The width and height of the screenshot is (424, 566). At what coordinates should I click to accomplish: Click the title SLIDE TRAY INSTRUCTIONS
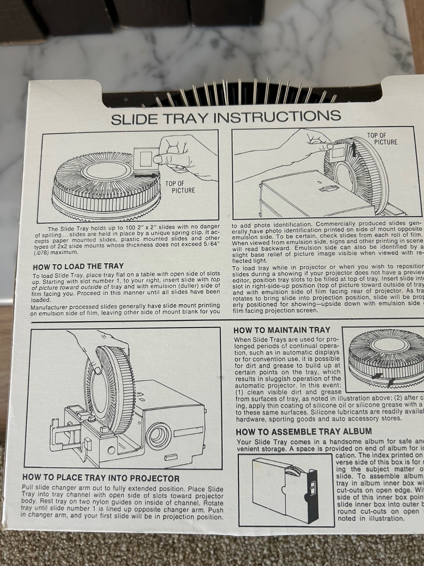pyautogui.click(x=226, y=117)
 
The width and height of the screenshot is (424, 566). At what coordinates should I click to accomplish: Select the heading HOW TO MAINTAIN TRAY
pyautogui.click(x=282, y=330)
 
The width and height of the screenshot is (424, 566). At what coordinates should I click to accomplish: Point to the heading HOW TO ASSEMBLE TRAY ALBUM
pyautogui.click(x=304, y=431)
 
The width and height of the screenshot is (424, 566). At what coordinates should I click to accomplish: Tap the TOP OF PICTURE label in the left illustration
pyautogui.click(x=180, y=187)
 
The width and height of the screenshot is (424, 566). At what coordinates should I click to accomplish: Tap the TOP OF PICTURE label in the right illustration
pyautogui.click(x=382, y=138)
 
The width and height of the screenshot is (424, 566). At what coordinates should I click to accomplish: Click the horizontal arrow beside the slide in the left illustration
pyautogui.click(x=145, y=175)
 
